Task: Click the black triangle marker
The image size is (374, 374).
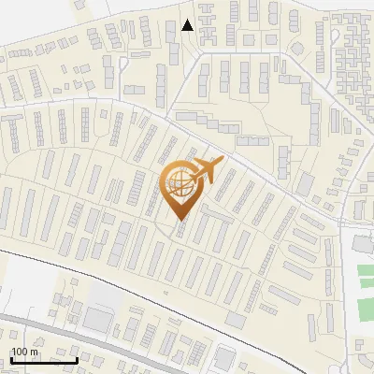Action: coord(188,25)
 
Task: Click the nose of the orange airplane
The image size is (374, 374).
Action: coord(222,163)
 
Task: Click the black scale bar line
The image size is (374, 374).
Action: coord(44,360)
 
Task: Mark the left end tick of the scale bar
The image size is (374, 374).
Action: coord(10,359)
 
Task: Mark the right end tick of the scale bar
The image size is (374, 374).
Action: coord(78,359)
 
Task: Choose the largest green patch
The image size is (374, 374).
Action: coord(366,278)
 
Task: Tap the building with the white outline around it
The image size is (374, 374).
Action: coord(223,357)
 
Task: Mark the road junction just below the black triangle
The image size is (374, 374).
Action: coord(197,52)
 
